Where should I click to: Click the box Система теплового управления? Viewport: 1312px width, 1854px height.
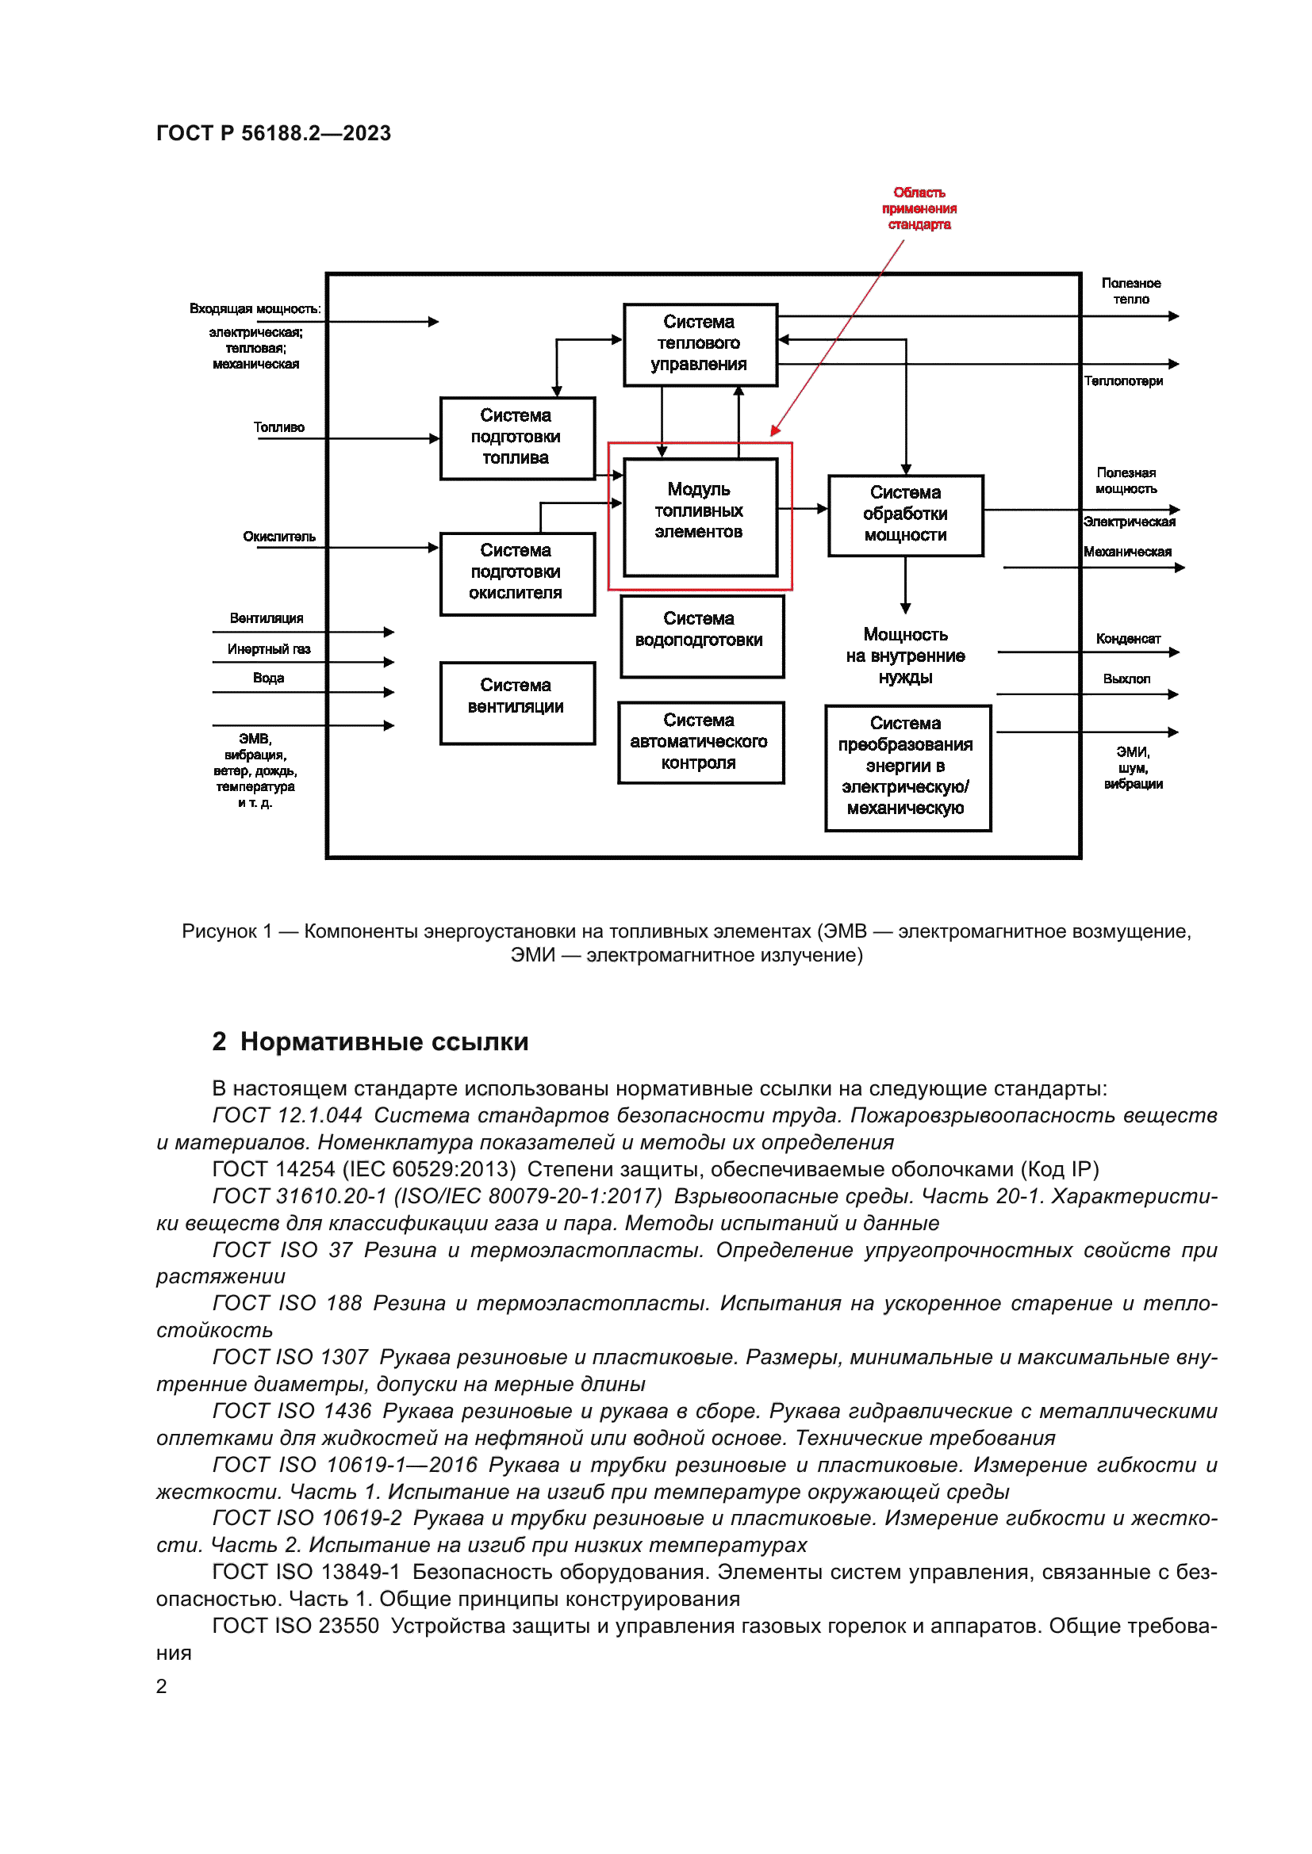click(x=700, y=344)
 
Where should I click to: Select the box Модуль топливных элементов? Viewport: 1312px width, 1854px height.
click(x=700, y=517)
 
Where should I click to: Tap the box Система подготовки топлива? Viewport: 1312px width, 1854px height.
click(x=517, y=438)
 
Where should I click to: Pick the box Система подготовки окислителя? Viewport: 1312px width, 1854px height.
click(x=517, y=572)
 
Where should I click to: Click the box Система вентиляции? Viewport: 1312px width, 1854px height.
click(x=517, y=701)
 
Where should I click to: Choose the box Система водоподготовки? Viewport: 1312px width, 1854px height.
click(x=701, y=636)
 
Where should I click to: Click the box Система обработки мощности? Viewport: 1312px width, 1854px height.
click(x=905, y=514)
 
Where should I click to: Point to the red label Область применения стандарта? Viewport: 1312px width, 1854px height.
click(x=919, y=208)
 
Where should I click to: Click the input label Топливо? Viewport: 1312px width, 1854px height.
click(x=278, y=427)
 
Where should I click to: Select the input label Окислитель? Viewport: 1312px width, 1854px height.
click(x=278, y=537)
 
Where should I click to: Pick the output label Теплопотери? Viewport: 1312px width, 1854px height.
click(x=1123, y=381)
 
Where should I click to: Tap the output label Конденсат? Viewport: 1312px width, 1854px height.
click(x=1128, y=639)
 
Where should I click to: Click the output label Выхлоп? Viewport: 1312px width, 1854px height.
click(x=1126, y=679)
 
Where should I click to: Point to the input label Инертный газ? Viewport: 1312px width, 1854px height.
click(x=268, y=649)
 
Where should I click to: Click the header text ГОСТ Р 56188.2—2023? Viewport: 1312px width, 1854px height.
click(x=273, y=133)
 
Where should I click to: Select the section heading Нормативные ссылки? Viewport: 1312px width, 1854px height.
click(x=384, y=1042)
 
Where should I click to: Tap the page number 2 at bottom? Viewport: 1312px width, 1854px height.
click(x=162, y=1687)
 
